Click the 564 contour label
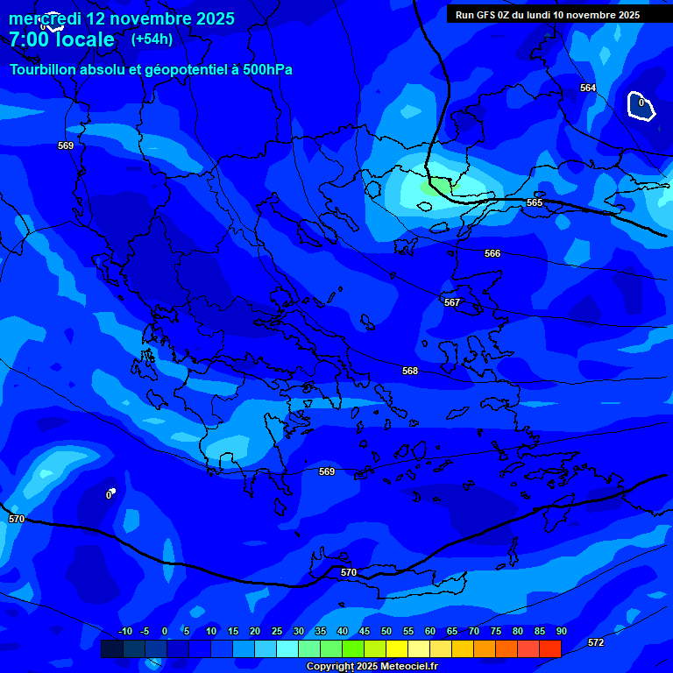tap(588, 88)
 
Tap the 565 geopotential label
tap(535, 202)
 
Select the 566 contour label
tap(492, 253)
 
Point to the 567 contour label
tap(452, 302)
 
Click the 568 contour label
tap(410, 371)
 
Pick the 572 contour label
tap(596, 642)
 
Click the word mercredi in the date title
tap(44, 18)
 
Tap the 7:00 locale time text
tap(61, 39)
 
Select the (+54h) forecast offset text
tap(152, 39)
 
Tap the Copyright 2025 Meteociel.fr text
tap(372, 667)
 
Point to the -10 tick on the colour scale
tap(124, 631)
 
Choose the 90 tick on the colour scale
tap(561, 631)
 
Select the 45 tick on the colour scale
tap(365, 631)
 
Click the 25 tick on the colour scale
tap(277, 631)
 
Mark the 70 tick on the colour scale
tap(474, 631)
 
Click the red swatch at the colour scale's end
tap(549, 648)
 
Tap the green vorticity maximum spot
tap(436, 186)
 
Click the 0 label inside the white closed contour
tap(641, 103)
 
